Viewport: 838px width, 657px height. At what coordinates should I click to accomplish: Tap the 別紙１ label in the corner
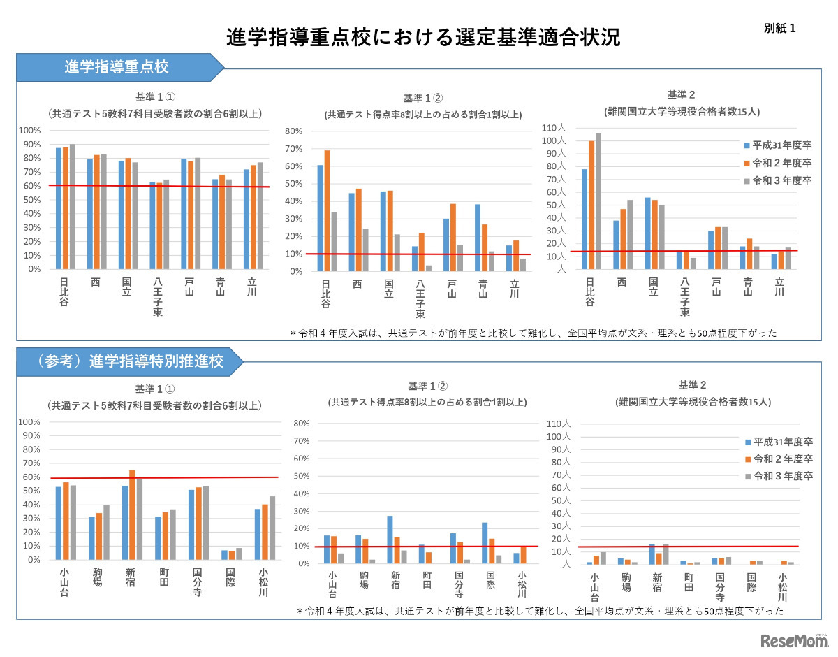coord(779,29)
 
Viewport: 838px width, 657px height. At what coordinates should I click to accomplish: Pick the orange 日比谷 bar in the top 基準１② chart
coord(327,210)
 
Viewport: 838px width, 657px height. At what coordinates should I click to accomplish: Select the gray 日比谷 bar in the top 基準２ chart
coord(598,201)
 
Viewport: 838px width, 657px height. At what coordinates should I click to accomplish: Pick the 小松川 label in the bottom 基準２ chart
coord(782,587)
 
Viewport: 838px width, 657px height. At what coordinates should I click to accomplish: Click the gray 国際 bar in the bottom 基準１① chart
coord(240,554)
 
